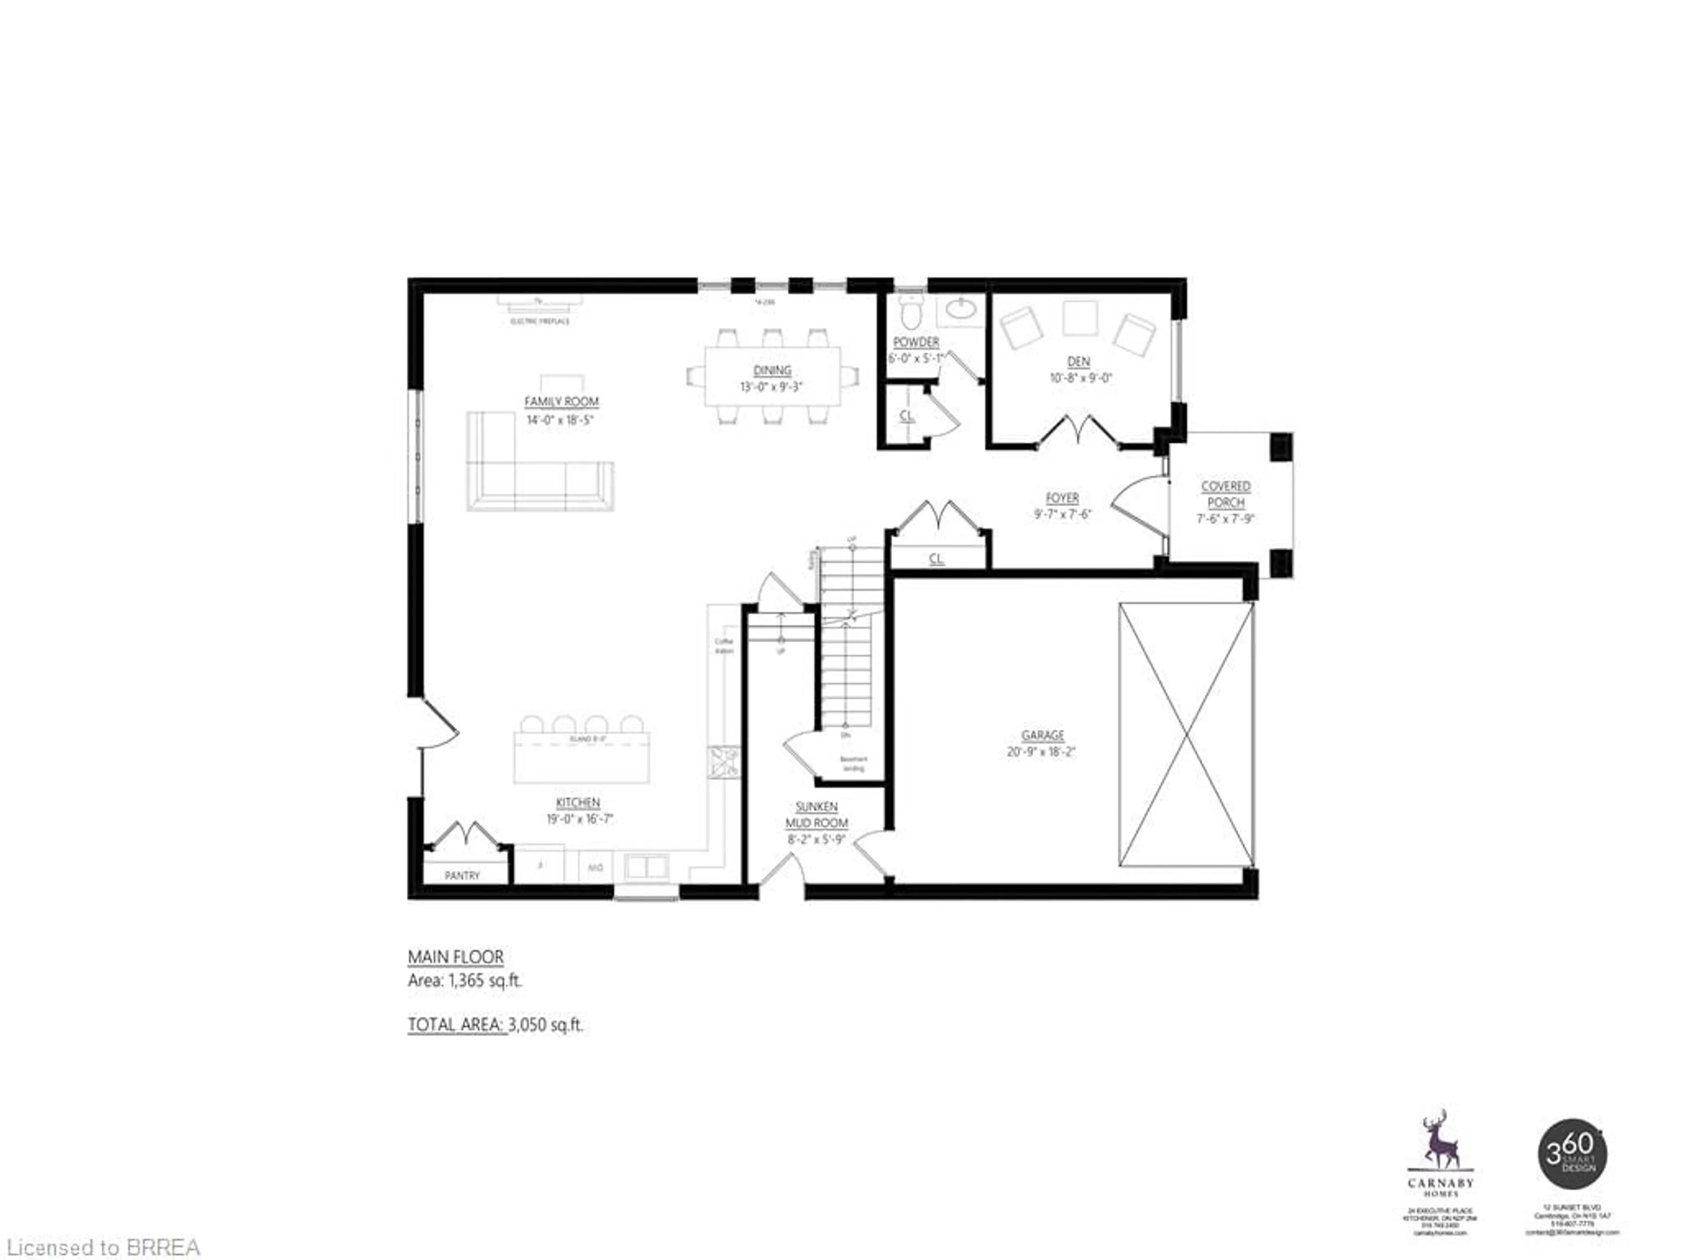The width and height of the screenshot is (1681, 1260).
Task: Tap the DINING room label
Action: (x=772, y=371)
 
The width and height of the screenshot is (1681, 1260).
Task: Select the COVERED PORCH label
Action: (x=1225, y=494)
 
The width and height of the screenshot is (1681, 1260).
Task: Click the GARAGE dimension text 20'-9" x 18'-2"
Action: (x=1042, y=752)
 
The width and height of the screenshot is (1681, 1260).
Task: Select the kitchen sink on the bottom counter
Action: (x=646, y=867)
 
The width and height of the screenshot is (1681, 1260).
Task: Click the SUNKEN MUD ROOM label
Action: (x=817, y=815)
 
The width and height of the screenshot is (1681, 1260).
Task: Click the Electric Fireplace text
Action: (x=540, y=321)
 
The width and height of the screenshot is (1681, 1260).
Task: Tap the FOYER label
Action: (x=1062, y=498)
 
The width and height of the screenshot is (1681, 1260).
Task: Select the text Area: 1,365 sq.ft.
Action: (x=465, y=980)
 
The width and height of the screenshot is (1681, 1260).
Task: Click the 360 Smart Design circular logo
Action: (x=1572, y=1154)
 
